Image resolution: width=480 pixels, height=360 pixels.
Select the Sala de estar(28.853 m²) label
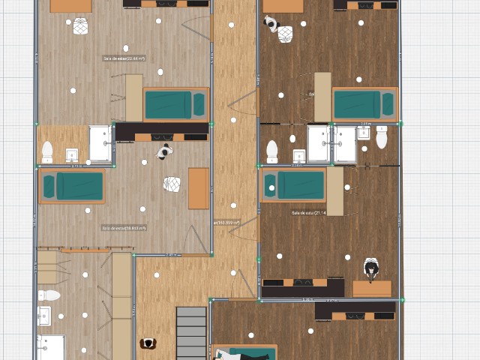pos(124,227)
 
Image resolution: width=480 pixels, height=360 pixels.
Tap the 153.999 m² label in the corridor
pos(226,222)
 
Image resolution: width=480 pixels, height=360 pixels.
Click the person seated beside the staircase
pos(148,343)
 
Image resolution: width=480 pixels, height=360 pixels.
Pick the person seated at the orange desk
pos(371,268)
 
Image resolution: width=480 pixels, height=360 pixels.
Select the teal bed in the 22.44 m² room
pos(175,104)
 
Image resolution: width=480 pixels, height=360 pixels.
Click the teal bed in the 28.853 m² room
pos(72,186)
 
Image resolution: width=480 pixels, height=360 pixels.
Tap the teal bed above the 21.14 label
pos(293,184)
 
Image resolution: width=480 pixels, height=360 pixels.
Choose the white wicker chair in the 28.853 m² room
pos(172,184)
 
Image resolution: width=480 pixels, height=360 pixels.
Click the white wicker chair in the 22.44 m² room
pos(80,26)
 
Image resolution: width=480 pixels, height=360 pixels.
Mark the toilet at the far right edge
pos(382,137)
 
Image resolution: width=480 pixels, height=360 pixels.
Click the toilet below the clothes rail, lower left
pos(49,295)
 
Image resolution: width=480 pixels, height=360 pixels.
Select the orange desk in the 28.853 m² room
pos(199,188)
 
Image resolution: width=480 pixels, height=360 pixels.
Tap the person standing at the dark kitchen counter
pos(163,152)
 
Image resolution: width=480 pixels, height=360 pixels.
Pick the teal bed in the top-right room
pos(364,104)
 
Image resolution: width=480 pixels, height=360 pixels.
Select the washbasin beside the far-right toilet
pos(364,133)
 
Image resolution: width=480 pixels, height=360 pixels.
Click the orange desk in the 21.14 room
pos(372,288)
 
